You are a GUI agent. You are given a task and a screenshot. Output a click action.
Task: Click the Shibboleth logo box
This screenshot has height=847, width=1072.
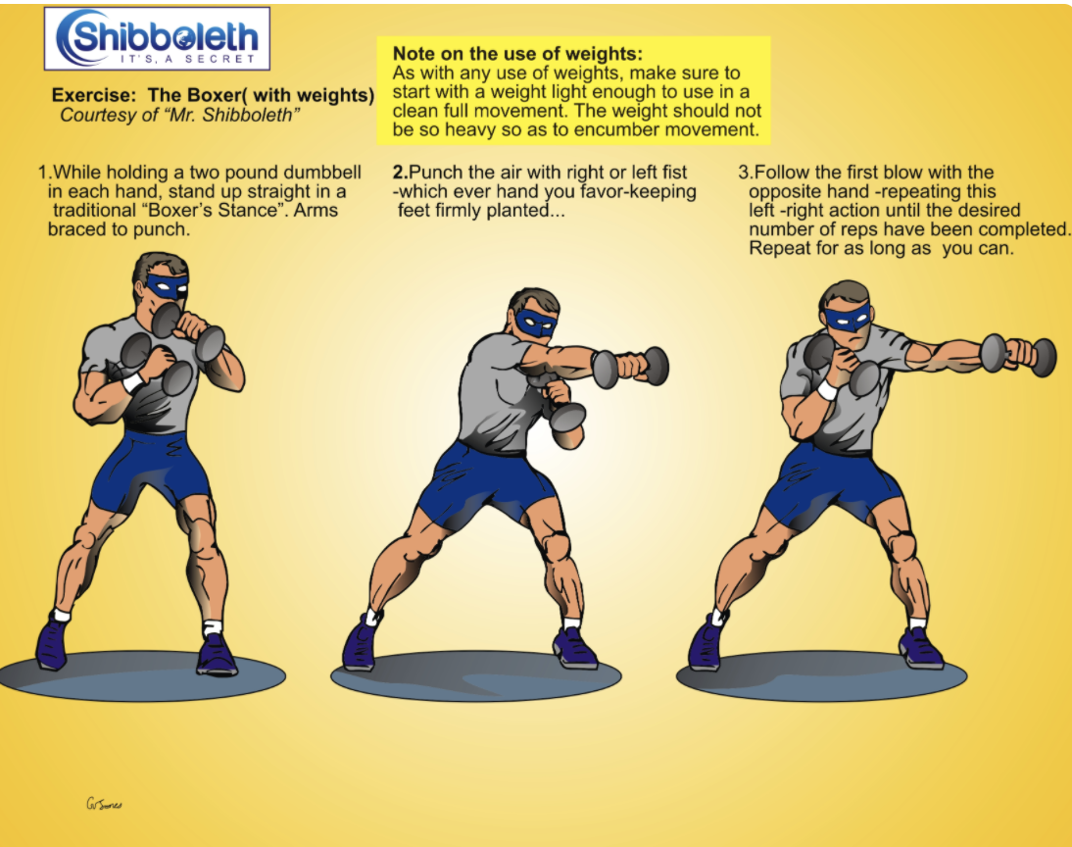pyautogui.click(x=157, y=38)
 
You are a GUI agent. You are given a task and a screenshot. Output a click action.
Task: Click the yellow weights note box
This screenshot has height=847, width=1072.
pyautogui.click(x=573, y=90)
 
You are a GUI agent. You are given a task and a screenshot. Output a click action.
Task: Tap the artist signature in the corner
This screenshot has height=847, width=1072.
pyautogui.click(x=104, y=804)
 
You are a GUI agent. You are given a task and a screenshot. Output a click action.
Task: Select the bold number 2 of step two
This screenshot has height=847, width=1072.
pyautogui.click(x=399, y=173)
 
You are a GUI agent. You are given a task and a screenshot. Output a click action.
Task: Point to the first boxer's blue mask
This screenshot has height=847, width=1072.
pyautogui.click(x=167, y=286)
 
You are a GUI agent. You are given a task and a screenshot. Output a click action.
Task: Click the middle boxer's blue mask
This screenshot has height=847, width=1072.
pyautogui.click(x=536, y=323)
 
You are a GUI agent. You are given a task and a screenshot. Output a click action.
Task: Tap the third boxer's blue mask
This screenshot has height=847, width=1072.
pyautogui.click(x=847, y=318)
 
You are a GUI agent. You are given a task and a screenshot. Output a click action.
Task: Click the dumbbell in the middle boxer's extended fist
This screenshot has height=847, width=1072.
pyautogui.click(x=630, y=368)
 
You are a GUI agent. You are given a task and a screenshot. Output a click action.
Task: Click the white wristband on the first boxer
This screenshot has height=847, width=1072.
pyautogui.click(x=133, y=381)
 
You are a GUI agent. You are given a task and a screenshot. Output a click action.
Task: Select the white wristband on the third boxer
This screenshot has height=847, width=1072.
pyautogui.click(x=828, y=390)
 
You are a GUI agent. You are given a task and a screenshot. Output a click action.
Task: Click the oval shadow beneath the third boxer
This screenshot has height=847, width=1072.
pyautogui.click(x=821, y=676)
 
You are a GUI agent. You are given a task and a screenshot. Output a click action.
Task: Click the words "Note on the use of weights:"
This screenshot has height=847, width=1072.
pyautogui.click(x=517, y=54)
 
